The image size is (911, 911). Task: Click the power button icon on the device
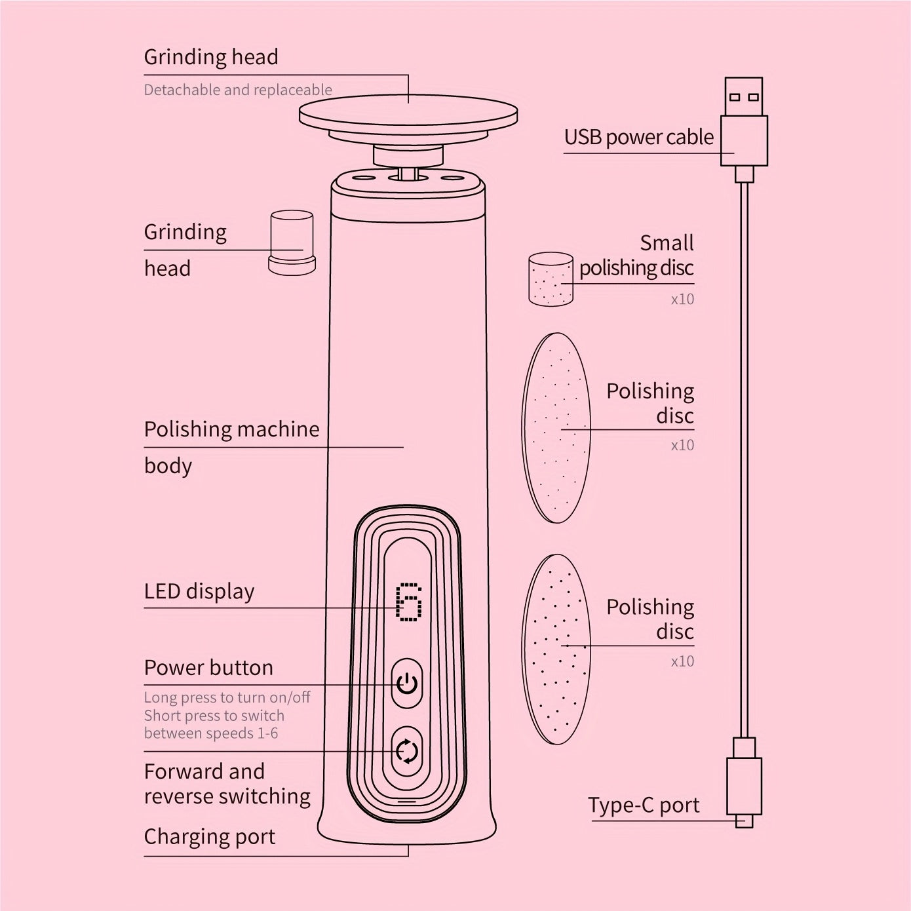point(407,683)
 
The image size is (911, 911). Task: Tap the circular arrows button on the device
point(407,751)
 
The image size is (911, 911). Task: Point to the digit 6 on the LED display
point(409,602)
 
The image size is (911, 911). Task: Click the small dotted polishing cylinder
point(551,279)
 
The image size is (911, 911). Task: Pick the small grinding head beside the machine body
point(292,242)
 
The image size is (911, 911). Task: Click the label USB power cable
point(639,137)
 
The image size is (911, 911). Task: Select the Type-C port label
point(644,805)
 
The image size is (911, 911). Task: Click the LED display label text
point(199,591)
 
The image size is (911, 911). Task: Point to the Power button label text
point(208,668)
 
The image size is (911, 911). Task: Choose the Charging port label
point(210,837)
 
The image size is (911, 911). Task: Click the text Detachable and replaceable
point(238,90)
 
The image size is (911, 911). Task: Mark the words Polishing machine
point(231,429)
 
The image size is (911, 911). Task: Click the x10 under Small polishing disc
point(683,300)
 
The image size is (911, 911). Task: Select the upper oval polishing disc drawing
point(556,428)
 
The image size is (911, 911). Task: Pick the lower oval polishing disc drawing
point(556,649)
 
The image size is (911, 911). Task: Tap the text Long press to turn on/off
point(227,698)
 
